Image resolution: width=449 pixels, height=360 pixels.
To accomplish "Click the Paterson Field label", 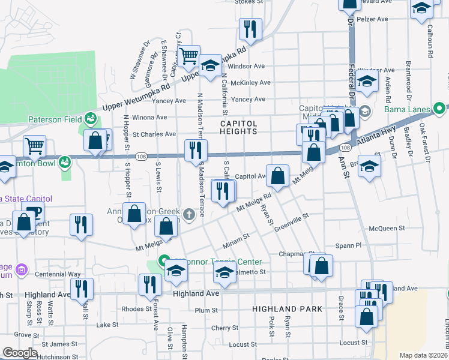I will point(53,119).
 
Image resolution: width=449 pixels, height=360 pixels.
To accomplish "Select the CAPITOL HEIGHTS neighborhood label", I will point(238,128).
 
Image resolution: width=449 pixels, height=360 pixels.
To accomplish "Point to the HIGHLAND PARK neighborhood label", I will point(287,309).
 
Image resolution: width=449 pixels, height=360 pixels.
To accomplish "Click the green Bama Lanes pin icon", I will point(441,109).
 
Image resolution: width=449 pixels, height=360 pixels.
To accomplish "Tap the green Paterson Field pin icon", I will point(91,118).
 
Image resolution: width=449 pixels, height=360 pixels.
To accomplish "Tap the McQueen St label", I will point(387,228).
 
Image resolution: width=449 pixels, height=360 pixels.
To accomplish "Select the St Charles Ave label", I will point(154,134).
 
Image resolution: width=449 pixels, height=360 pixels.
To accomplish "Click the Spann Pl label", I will point(349,245).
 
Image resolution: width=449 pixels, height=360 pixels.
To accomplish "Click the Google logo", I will point(20,353).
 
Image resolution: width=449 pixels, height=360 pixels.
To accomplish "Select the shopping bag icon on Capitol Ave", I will point(277,176).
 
